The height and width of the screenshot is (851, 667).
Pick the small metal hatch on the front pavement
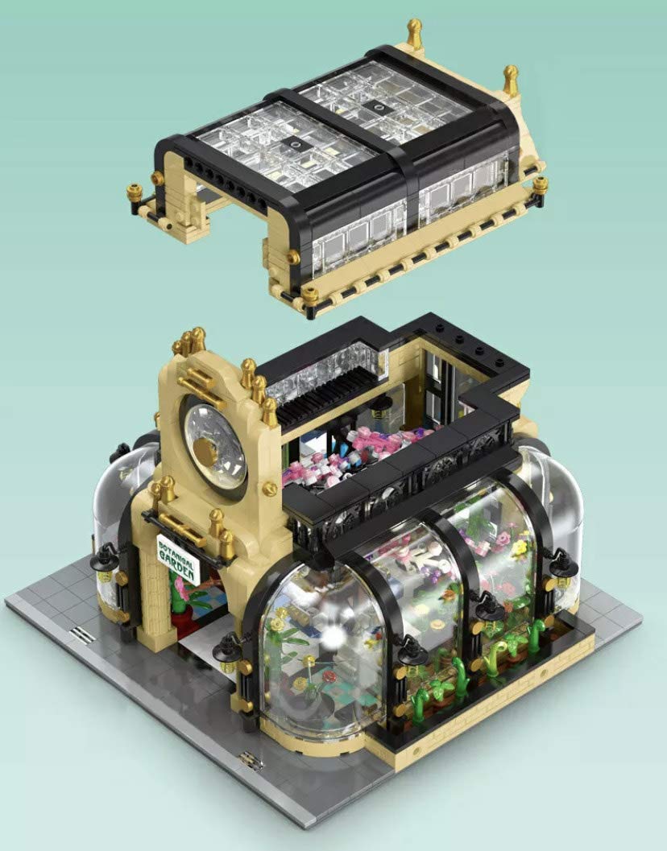pos(251,760)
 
